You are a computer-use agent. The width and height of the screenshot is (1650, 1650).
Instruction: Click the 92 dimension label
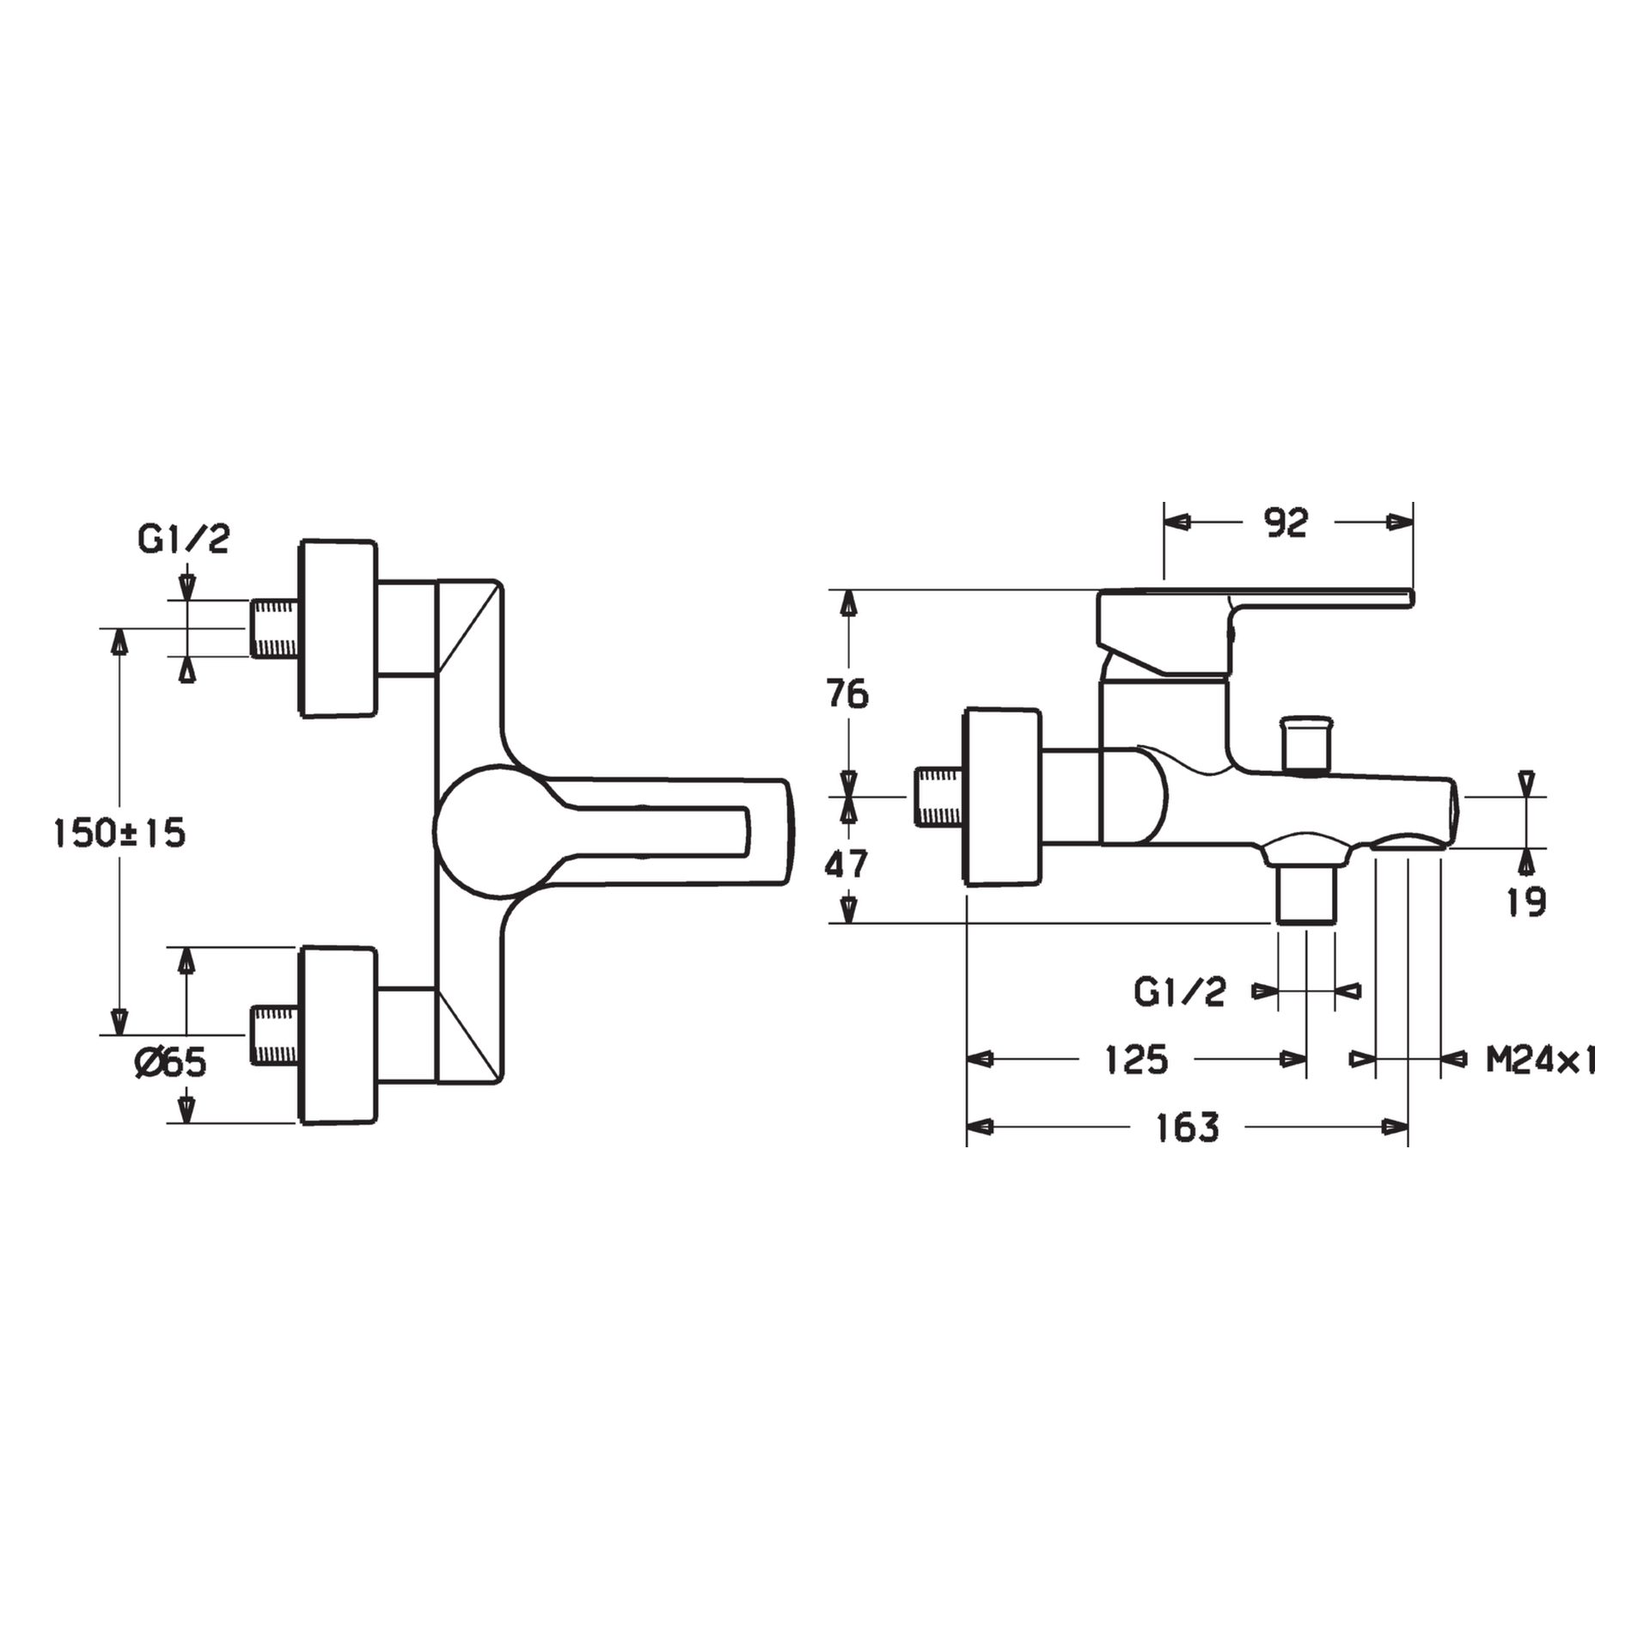[1286, 522]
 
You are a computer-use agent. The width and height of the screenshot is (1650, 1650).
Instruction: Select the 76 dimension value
[847, 694]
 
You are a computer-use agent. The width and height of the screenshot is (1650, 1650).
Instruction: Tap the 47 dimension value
[847, 864]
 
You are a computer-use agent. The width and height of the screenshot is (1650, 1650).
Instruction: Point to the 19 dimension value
[1526, 901]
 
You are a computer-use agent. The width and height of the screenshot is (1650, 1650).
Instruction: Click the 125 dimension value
[1136, 1060]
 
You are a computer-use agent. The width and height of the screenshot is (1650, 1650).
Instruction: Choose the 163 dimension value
[1188, 1127]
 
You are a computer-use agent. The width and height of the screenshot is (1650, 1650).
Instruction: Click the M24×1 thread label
[1542, 1060]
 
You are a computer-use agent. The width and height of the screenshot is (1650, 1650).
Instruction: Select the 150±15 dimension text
[119, 833]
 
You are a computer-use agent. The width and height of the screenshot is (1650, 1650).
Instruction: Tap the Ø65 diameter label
[170, 1063]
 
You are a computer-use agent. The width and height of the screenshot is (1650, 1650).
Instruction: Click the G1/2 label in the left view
[183, 540]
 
